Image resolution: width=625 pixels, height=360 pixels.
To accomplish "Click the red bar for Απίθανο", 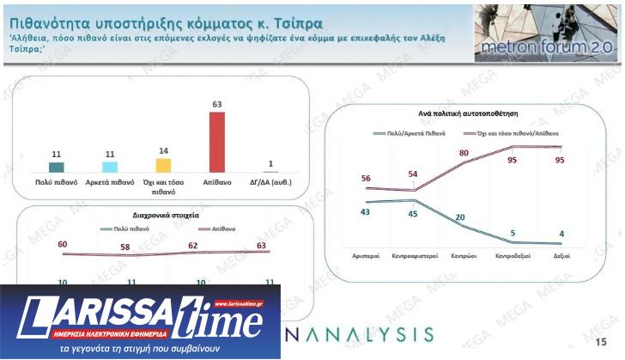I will [x=217, y=143].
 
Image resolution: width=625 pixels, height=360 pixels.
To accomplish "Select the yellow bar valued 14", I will [x=163, y=166].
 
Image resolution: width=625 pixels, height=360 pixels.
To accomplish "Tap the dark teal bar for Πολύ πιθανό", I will [x=57, y=168].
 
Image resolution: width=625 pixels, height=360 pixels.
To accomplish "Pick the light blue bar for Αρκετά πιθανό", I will [x=110, y=168].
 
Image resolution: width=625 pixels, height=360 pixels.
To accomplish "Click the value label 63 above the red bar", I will [x=217, y=105].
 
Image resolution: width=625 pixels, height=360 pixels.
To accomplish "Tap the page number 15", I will [x=601, y=342].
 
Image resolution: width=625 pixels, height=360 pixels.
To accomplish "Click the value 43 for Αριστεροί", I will [x=364, y=211].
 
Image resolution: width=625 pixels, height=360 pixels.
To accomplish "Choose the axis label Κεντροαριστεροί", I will [x=415, y=256].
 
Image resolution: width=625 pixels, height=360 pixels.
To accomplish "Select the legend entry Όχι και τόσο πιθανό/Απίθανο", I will [x=510, y=135].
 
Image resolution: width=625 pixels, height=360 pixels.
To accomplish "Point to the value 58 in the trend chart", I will [x=125, y=247].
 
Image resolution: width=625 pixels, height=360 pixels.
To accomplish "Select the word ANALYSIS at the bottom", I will [x=361, y=333].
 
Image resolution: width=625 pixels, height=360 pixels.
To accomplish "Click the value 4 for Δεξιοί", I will [x=561, y=232].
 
